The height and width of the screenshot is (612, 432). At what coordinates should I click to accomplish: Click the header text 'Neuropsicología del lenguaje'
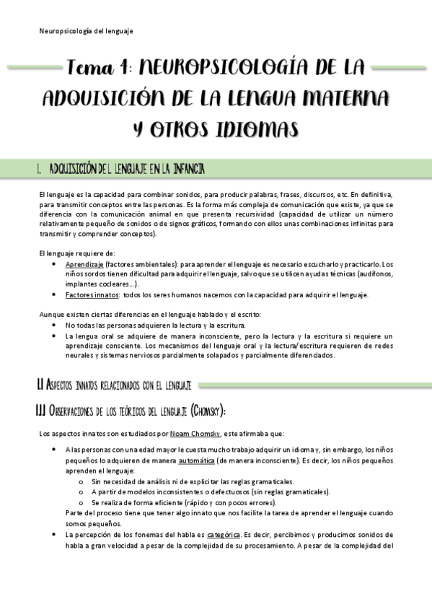tap(85, 31)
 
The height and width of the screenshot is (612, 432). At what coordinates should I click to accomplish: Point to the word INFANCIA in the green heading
tap(183, 169)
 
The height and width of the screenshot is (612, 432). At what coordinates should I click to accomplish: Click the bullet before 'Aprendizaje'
tap(56, 264)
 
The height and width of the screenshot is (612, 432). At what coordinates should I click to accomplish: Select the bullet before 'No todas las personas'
tap(56, 325)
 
